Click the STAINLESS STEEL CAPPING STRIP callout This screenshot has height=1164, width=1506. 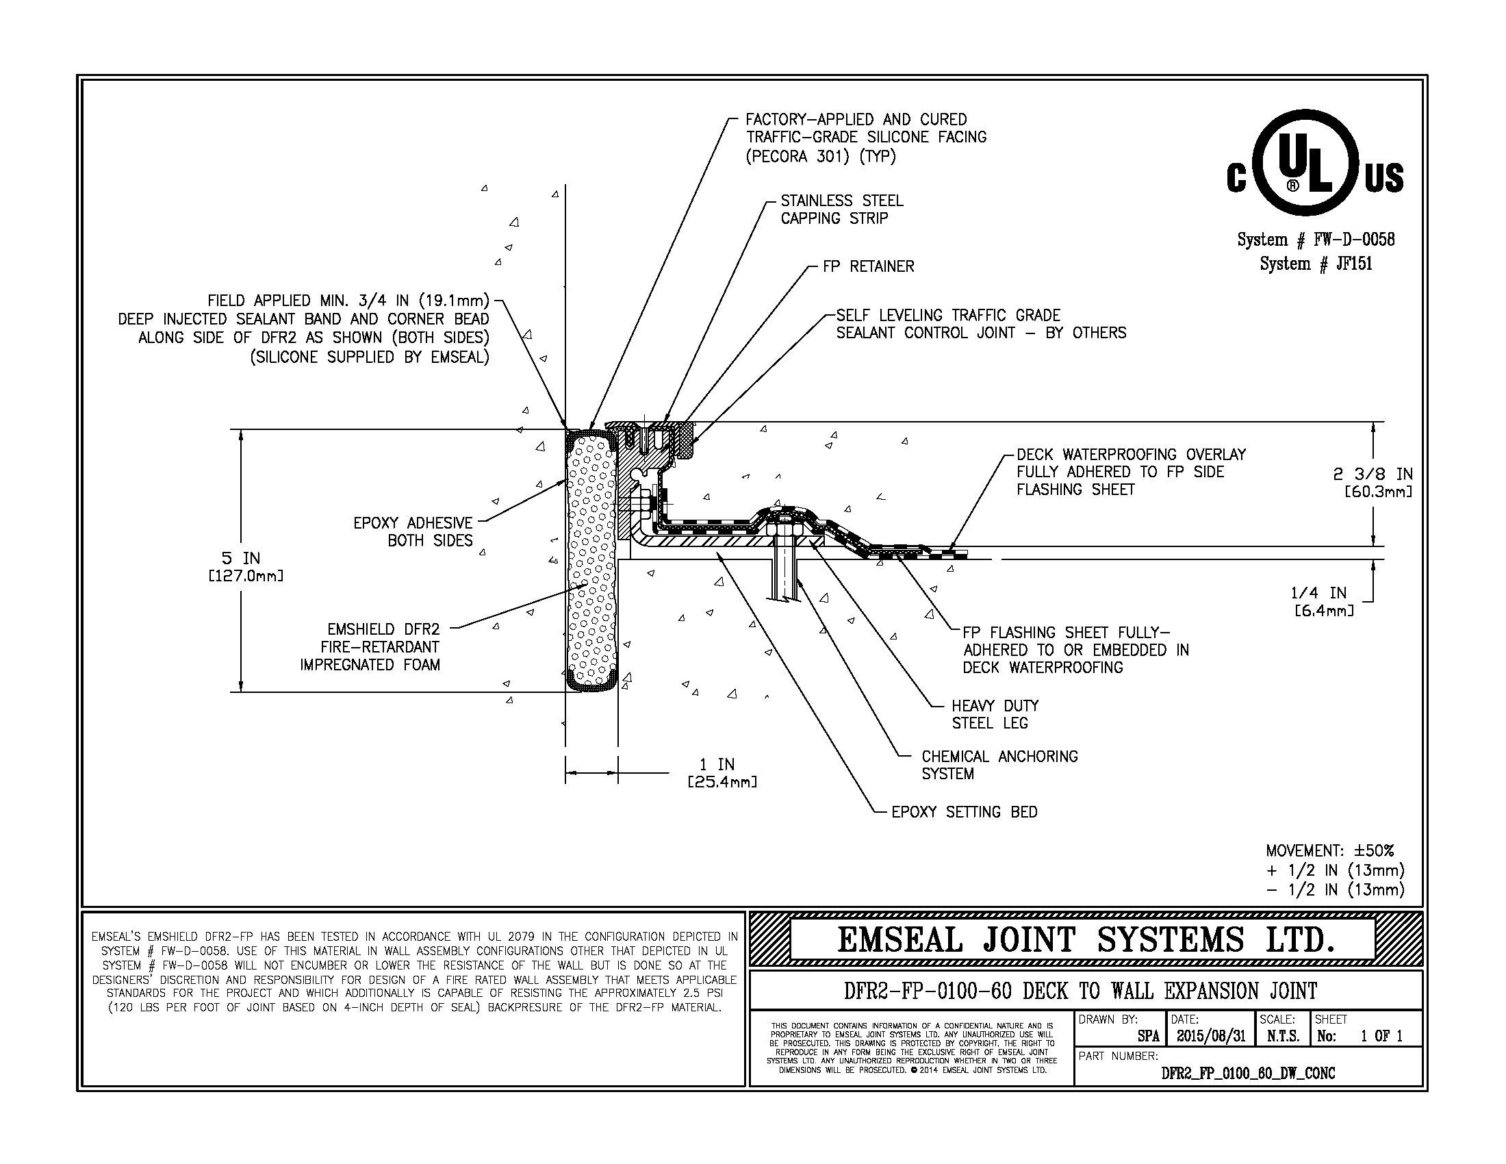point(841,210)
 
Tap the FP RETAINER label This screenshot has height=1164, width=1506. point(868,266)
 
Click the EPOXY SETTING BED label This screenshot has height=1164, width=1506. point(964,811)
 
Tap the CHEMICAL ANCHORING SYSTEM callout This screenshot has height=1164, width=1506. point(1000,765)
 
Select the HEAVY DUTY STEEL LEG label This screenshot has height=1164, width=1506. point(995,714)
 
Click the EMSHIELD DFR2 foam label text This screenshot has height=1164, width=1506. point(370,647)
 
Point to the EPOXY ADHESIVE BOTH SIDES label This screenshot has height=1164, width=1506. point(413,531)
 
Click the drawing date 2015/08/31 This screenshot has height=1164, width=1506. point(1211,1036)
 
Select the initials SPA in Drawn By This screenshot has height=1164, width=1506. point(1149,1037)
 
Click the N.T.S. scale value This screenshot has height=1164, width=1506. point(1284,1036)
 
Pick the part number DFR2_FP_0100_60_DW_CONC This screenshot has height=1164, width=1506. point(1248,1073)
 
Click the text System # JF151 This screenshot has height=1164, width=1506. point(1316,264)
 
